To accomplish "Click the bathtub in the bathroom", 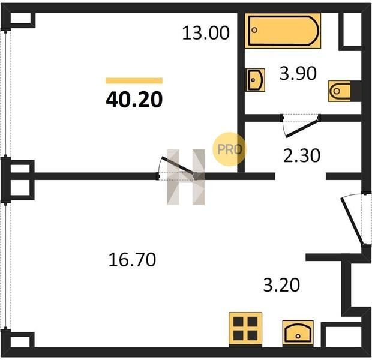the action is pyautogui.click(x=283, y=31).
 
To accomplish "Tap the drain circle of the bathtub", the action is pyautogui.click(x=254, y=30).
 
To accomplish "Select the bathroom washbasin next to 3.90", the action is pyautogui.click(x=254, y=80).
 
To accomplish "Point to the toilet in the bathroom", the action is pyautogui.click(x=340, y=91).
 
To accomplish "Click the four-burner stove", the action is pyautogui.click(x=245, y=329).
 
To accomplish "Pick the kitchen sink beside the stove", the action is pyautogui.click(x=298, y=334).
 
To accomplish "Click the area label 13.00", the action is pyautogui.click(x=206, y=33).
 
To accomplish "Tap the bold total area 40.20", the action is pyautogui.click(x=134, y=100).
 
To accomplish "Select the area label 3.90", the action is pyautogui.click(x=298, y=73).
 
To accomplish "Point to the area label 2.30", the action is pyautogui.click(x=302, y=155).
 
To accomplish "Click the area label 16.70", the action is pyautogui.click(x=132, y=260).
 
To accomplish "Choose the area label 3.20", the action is pyautogui.click(x=281, y=285).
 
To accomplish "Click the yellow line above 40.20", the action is pyautogui.click(x=134, y=80).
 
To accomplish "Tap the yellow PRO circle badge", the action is pyautogui.click(x=229, y=149).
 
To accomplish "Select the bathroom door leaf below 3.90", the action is pyautogui.click(x=302, y=128).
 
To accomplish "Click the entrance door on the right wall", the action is pyautogui.click(x=352, y=221).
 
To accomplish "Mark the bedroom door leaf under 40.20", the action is pyautogui.click(x=178, y=167).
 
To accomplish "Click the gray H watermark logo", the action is pyautogui.click(x=186, y=177).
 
